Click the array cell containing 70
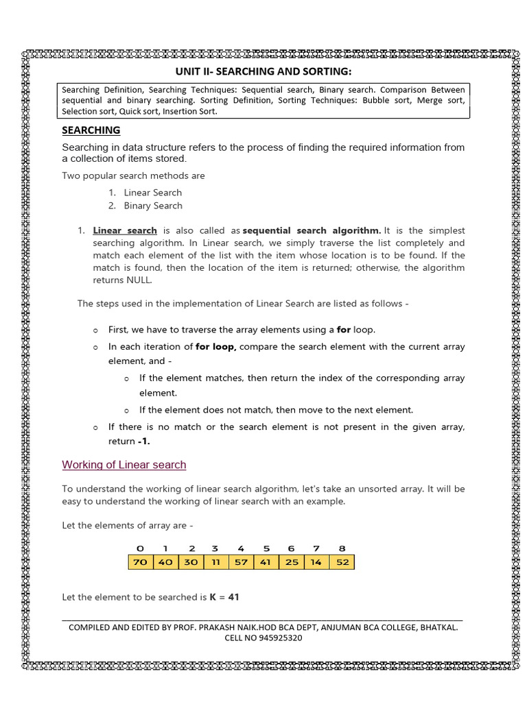(140, 562)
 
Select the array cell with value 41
(266, 562)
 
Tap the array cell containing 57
(240, 562)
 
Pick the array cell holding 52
(342, 562)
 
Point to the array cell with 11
(215, 562)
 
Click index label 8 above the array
(342, 548)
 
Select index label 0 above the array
(140, 548)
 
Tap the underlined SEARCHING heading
(91, 130)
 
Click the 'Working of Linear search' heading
(124, 465)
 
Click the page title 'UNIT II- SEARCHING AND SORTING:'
(263, 72)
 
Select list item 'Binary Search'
(152, 206)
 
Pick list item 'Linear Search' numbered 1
(152, 193)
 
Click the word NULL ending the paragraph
(141, 280)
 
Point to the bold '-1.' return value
(143, 441)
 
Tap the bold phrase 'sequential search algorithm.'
(312, 230)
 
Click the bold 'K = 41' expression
(224, 597)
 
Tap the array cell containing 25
(292, 562)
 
